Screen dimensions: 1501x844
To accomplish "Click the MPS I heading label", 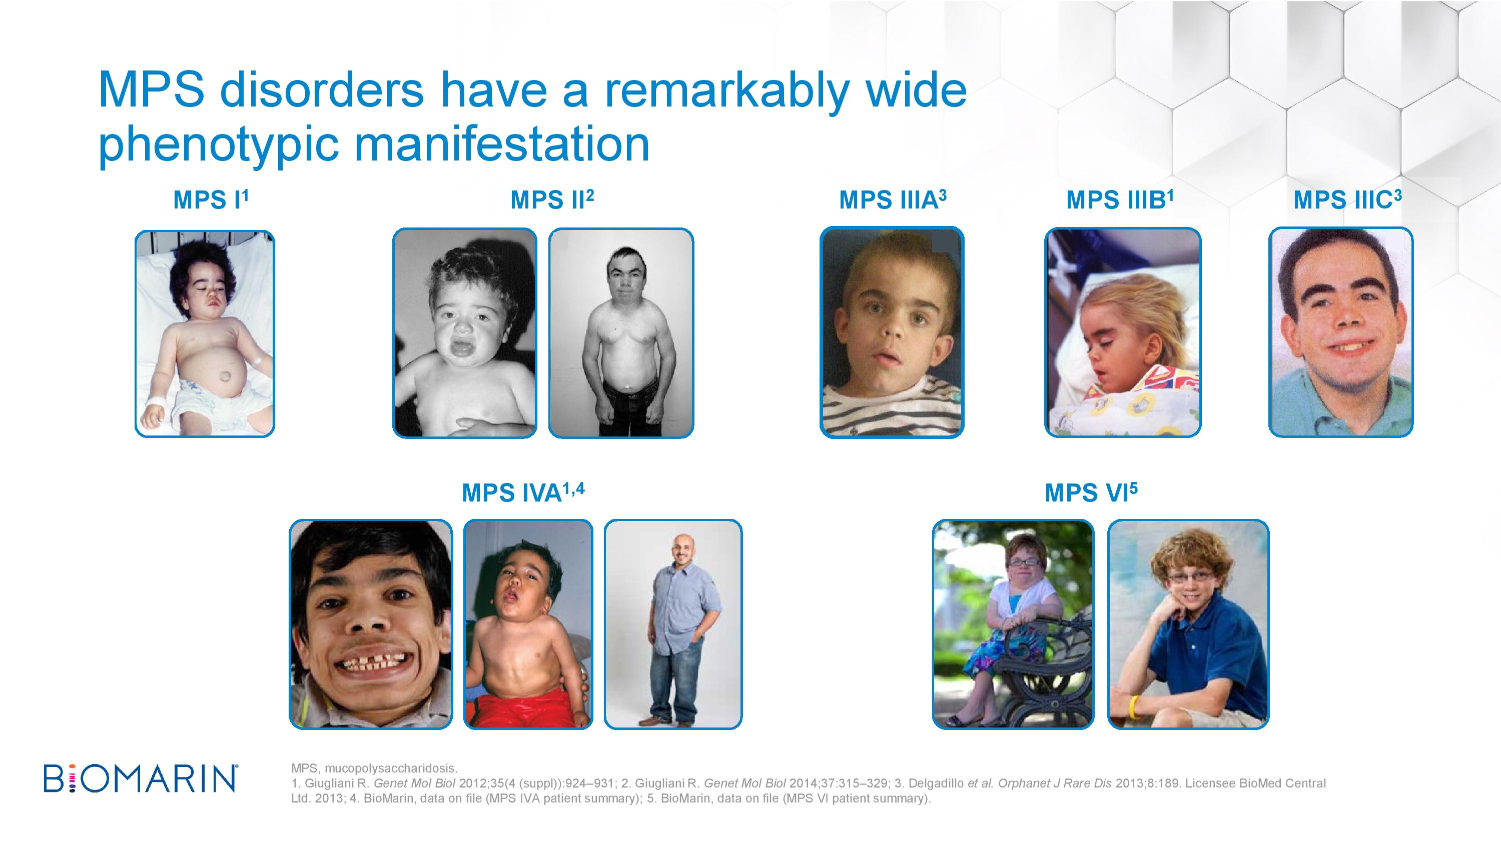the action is coord(211,200).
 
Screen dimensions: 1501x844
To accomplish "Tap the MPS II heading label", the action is coord(552,200).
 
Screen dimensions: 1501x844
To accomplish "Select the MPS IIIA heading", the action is coord(892,200).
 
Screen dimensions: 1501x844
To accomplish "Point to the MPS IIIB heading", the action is coord(1119,200).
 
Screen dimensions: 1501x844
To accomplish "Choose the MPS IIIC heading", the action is coord(1347,200).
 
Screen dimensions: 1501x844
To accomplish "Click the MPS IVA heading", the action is coord(523,492).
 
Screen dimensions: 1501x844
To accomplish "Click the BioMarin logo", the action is coord(141,779).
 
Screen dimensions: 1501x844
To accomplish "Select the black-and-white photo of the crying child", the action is coord(464,332).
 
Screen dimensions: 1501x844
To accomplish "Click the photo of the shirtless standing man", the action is coord(621,332).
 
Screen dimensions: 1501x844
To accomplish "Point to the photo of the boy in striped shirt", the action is coord(892,332).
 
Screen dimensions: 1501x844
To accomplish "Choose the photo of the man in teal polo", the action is coord(1341,332).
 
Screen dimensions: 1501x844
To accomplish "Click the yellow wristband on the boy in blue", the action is coord(1134,706).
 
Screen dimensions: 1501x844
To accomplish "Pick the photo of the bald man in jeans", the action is coord(673,624).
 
